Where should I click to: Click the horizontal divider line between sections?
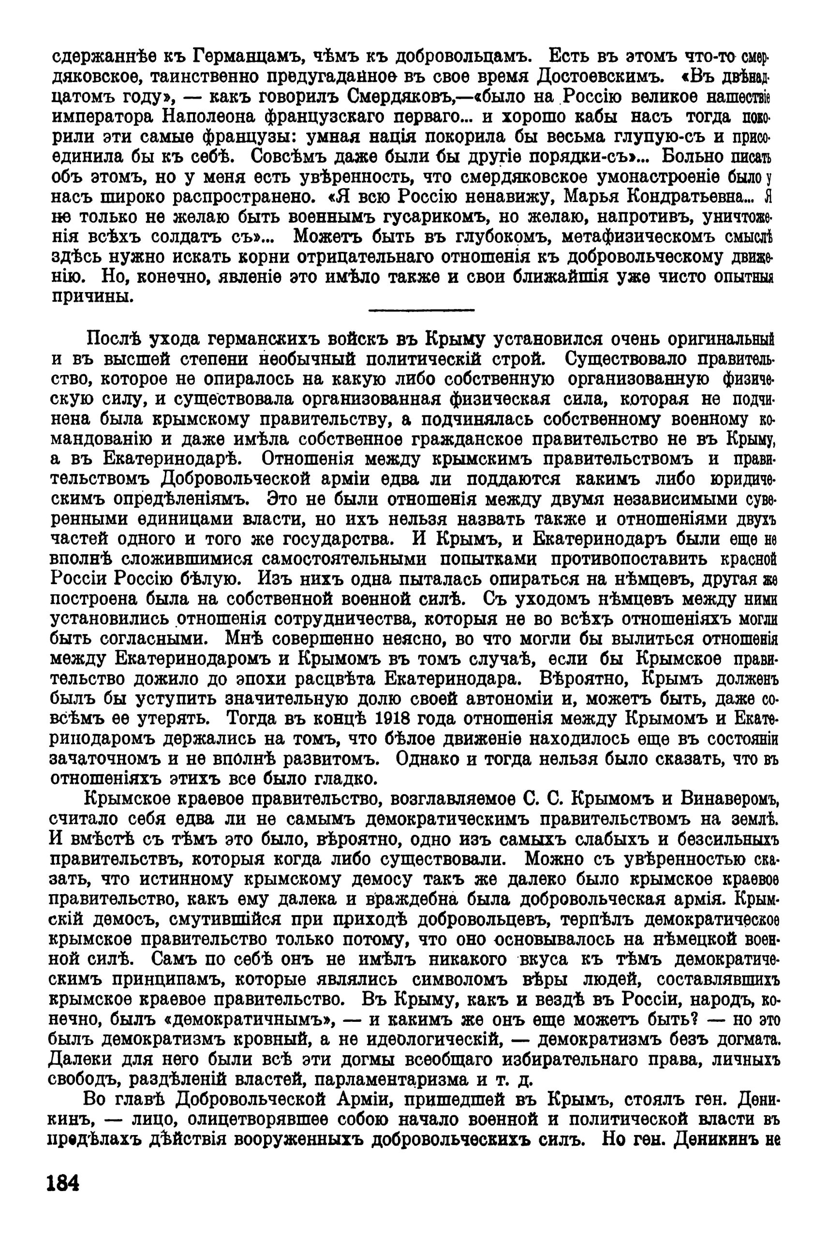(421, 310)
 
